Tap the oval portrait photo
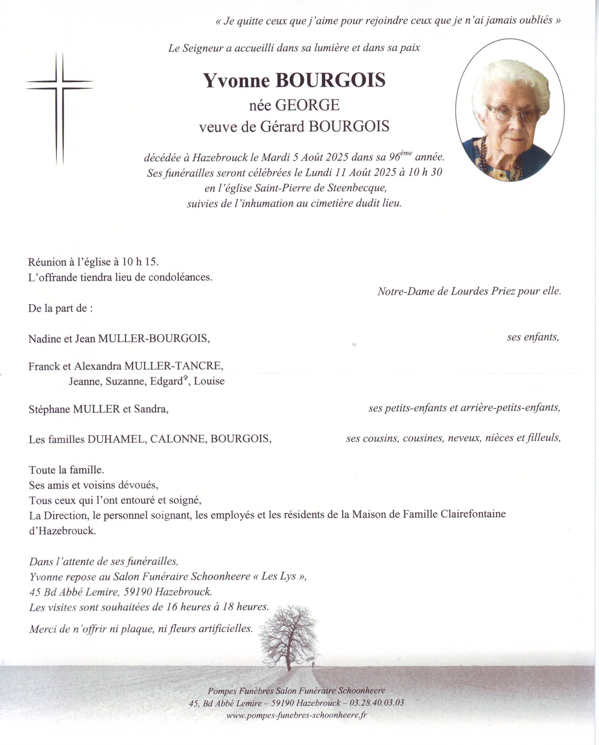tap(510, 110)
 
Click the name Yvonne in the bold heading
tap(236, 80)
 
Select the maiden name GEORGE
tap(307, 105)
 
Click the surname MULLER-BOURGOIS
tap(154, 339)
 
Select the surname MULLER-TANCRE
tap(173, 366)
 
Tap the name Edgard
tap(165, 382)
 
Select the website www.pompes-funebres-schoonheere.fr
tap(296, 716)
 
